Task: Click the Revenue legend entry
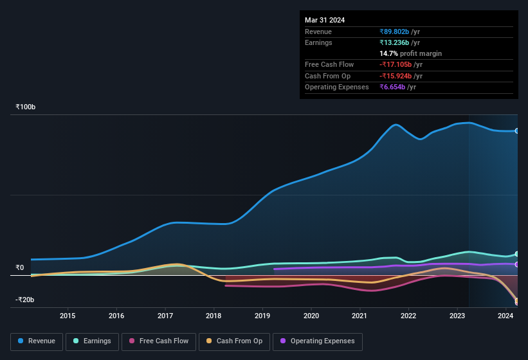click(x=37, y=341)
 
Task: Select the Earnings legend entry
click(x=93, y=341)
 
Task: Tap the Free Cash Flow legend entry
click(x=159, y=341)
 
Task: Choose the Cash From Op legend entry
click(x=233, y=341)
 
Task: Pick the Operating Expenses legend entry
click(x=318, y=341)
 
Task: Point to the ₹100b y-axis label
click(x=26, y=107)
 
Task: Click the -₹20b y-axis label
click(x=25, y=300)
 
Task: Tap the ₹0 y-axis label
click(x=20, y=267)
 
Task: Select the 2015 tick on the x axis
click(x=68, y=316)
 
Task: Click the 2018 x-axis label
click(x=214, y=316)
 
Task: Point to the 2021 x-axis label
click(x=360, y=316)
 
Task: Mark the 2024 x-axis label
click(x=505, y=316)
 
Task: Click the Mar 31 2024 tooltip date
click(x=325, y=20)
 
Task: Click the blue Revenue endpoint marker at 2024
click(x=517, y=130)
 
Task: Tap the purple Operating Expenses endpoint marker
click(x=517, y=264)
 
